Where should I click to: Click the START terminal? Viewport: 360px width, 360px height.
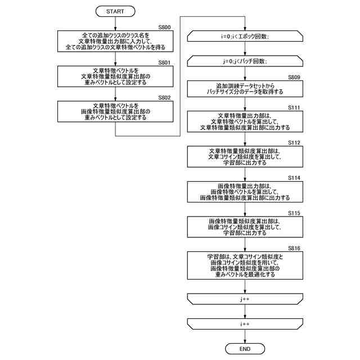tap(115, 11)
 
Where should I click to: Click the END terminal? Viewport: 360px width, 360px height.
tap(245, 349)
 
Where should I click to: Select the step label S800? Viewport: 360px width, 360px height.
tap(164, 27)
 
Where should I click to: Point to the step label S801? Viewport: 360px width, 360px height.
tap(164, 62)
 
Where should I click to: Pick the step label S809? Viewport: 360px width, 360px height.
tap(294, 76)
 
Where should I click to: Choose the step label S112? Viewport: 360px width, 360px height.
tap(294, 143)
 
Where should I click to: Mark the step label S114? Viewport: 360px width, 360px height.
tap(294, 178)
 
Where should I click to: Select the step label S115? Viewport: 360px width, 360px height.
tap(294, 213)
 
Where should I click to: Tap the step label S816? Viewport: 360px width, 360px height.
tap(294, 248)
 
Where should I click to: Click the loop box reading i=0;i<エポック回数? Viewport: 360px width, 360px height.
tap(245, 37)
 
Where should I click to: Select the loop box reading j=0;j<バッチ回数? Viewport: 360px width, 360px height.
tap(245, 60)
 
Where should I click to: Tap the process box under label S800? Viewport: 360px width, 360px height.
tap(115, 40)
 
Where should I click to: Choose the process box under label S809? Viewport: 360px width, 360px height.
tap(245, 89)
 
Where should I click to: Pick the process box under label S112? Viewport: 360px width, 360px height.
tap(245, 158)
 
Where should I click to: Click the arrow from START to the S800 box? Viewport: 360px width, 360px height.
tap(115, 22)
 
